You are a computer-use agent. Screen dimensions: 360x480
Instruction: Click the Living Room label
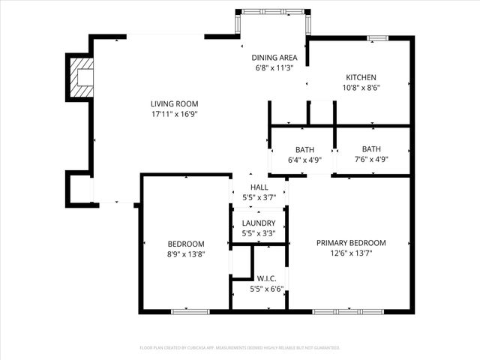coord(174,104)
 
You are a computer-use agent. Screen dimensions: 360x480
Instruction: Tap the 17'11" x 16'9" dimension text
coord(174,115)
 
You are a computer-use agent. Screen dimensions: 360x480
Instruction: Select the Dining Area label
coord(274,58)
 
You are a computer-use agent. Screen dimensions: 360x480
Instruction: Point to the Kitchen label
coord(361,77)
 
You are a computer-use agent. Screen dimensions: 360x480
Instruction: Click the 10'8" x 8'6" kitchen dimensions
coord(361,88)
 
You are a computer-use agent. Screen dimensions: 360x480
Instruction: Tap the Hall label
coord(259,187)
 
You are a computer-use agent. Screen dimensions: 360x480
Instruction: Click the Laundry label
coord(259,223)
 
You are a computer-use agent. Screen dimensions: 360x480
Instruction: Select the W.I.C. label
coord(259,278)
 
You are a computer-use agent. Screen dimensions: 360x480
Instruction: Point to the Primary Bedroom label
coord(350,243)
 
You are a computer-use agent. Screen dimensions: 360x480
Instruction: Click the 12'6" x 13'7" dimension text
coord(350,253)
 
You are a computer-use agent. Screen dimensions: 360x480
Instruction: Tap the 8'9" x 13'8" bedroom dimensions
coord(185,254)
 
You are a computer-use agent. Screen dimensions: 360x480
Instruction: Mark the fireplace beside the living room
coord(81,76)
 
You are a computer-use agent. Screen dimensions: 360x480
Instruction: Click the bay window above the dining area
coord(273,13)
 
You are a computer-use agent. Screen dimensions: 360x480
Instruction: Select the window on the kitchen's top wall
coord(377,37)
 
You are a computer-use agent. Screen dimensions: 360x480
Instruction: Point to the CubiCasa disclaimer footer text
coord(240,348)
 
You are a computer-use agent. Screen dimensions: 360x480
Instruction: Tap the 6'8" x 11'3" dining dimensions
coord(274,68)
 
